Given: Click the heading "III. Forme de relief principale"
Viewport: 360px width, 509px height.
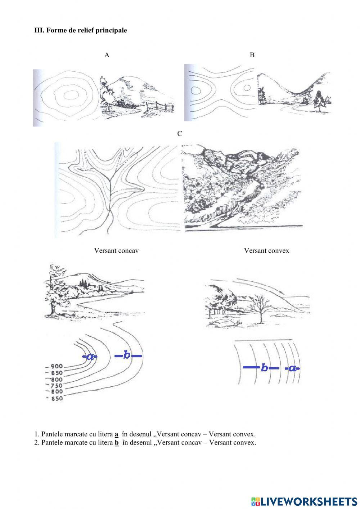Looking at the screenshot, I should (80, 30).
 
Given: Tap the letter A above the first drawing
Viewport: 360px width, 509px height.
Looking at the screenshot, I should (107, 55).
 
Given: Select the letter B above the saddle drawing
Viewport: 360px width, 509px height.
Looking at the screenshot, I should (252, 55).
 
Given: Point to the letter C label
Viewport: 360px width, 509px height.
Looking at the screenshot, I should (180, 134).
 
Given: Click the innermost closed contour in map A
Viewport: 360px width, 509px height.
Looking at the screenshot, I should (71, 95).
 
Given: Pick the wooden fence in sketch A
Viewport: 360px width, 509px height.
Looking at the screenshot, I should (160, 107).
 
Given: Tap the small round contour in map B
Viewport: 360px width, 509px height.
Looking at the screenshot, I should (247, 87).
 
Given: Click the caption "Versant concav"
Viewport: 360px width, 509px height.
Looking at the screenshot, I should (116, 250).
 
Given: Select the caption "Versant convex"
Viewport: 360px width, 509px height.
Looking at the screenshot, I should (266, 250).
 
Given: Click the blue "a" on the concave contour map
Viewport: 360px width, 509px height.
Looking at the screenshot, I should (90, 357).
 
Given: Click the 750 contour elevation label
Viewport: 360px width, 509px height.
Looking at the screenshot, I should (56, 385).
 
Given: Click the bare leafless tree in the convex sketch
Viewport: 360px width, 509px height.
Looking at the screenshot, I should (261, 305).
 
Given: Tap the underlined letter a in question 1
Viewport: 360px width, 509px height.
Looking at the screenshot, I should (116, 434).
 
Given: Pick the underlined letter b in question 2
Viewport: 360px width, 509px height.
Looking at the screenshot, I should (117, 442).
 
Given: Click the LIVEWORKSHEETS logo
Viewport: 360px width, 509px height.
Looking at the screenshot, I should (304, 501).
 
